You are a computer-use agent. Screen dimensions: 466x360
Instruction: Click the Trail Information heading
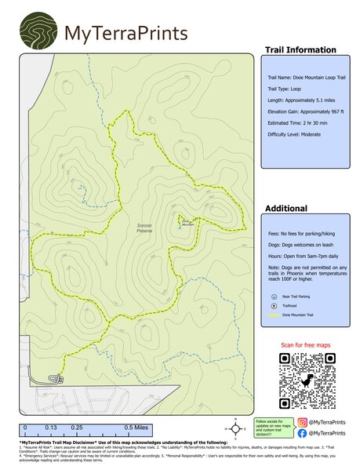pyautogui.click(x=300, y=50)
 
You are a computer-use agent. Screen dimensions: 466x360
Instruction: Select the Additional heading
pyautogui.click(x=285, y=209)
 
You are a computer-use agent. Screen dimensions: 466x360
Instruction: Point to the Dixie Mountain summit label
pyautogui.click(x=187, y=222)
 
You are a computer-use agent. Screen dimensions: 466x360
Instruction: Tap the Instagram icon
pyautogui.click(x=302, y=422)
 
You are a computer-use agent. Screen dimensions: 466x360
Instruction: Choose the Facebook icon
pyautogui.click(x=302, y=432)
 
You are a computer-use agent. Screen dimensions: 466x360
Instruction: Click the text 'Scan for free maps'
pyautogui.click(x=307, y=345)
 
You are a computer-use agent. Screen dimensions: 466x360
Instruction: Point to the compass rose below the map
pyautogui.click(x=235, y=428)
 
